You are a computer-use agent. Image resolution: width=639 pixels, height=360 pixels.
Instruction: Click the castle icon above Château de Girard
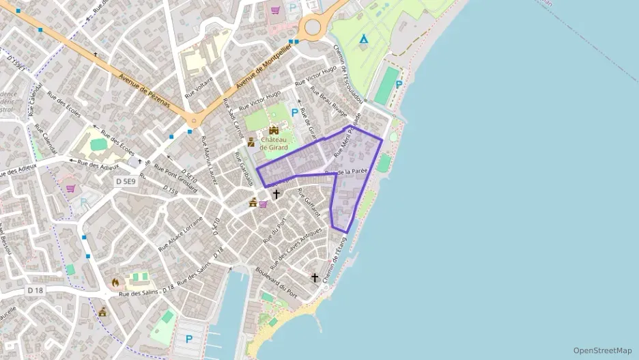tap(274, 130)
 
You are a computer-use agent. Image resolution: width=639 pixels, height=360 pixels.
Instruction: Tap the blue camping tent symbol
tap(364, 39)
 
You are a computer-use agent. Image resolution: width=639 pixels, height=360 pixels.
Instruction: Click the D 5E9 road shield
tap(126, 181)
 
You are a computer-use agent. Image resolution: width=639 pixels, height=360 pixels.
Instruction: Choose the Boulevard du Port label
tap(276, 280)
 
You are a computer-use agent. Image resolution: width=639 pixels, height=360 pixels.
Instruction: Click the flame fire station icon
tap(115, 281)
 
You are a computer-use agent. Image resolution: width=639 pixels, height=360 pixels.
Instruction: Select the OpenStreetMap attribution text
tap(602, 350)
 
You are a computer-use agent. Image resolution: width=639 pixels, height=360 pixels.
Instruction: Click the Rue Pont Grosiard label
tap(175, 177)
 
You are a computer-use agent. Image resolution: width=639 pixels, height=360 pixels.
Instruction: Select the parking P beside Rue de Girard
tap(295, 113)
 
